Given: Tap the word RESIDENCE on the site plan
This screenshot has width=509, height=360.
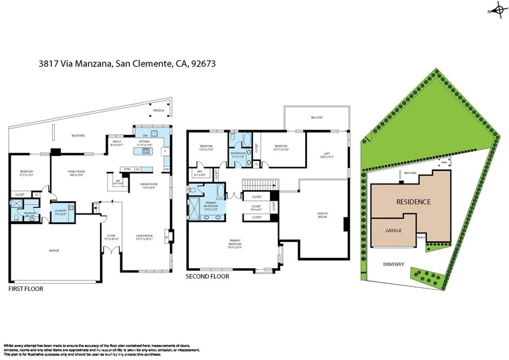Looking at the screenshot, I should coord(413,202).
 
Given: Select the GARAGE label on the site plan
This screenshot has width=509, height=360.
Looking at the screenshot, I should coord(394,231).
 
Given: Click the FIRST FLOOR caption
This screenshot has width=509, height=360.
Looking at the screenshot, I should coord(26,289).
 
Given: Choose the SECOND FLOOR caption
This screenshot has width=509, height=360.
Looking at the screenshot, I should coord(207,276).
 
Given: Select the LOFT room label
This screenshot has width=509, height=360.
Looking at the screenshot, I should coord(327,154).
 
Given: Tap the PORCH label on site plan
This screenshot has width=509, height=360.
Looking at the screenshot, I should coord(421,237).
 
